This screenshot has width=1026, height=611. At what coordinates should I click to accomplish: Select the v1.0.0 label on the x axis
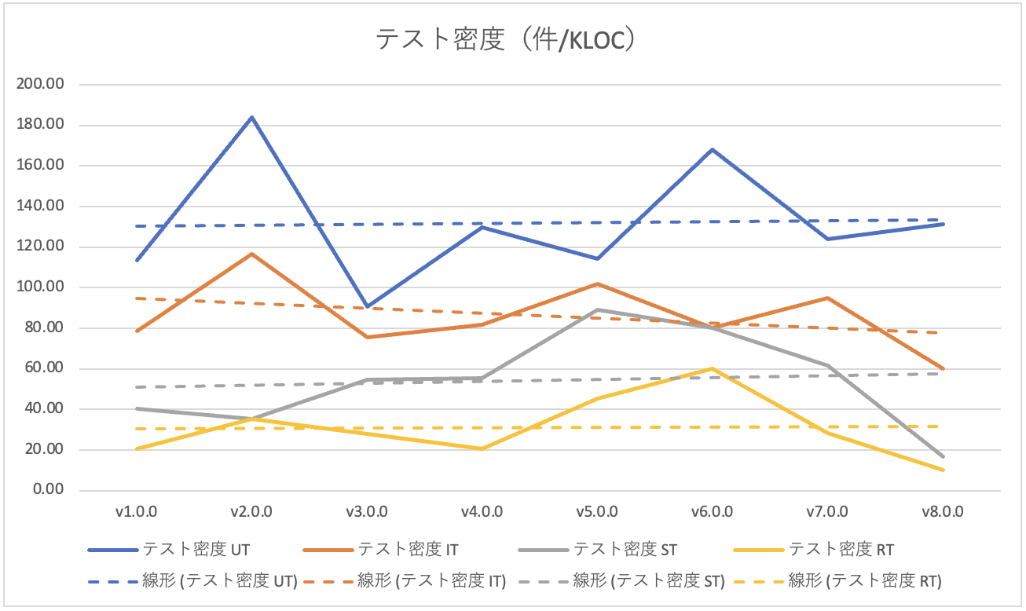137,511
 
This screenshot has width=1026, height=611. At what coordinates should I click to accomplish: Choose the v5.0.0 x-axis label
596,511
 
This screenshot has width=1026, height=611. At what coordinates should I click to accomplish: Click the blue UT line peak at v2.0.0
251,117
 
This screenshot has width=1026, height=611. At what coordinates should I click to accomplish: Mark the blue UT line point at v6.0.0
712,149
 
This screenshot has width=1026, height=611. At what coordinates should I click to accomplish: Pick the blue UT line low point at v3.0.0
367,306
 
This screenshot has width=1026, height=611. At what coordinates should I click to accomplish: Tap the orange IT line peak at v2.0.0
251,254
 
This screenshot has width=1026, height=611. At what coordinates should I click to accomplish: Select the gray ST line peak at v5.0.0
597,309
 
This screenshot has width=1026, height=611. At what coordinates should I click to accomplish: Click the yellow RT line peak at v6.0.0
712,368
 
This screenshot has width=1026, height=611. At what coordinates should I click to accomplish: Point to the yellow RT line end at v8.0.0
942,470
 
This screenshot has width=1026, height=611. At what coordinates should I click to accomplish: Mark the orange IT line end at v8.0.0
942,368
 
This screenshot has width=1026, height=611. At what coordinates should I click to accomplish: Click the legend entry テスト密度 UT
196,549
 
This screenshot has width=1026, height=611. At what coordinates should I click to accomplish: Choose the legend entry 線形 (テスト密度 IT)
451,582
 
